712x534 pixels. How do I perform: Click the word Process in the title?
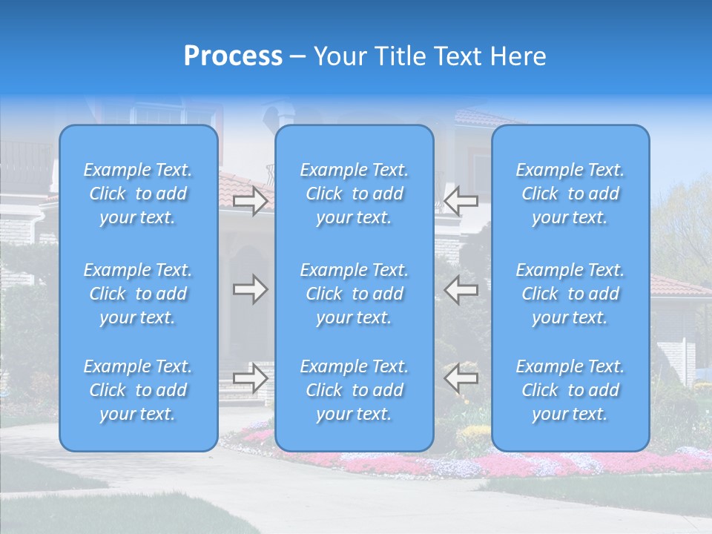(233, 56)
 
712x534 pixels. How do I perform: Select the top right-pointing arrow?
(251, 200)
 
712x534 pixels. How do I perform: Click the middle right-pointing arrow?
(251, 289)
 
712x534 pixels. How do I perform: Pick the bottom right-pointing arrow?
(251, 378)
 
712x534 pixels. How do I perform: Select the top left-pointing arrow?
(461, 200)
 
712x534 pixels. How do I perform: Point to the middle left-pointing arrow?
(461, 289)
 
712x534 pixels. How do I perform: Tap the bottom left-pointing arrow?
(461, 378)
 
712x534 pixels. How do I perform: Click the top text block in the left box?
(138, 194)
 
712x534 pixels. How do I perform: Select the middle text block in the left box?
(138, 294)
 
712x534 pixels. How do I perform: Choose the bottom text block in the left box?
(138, 390)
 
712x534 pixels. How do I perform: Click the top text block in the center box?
(355, 194)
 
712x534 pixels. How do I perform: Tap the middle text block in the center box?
(355, 294)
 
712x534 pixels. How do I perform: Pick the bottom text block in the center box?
(355, 390)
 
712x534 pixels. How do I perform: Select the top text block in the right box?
(570, 194)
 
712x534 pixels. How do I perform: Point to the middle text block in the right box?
(570, 294)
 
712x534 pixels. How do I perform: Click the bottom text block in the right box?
(570, 390)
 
